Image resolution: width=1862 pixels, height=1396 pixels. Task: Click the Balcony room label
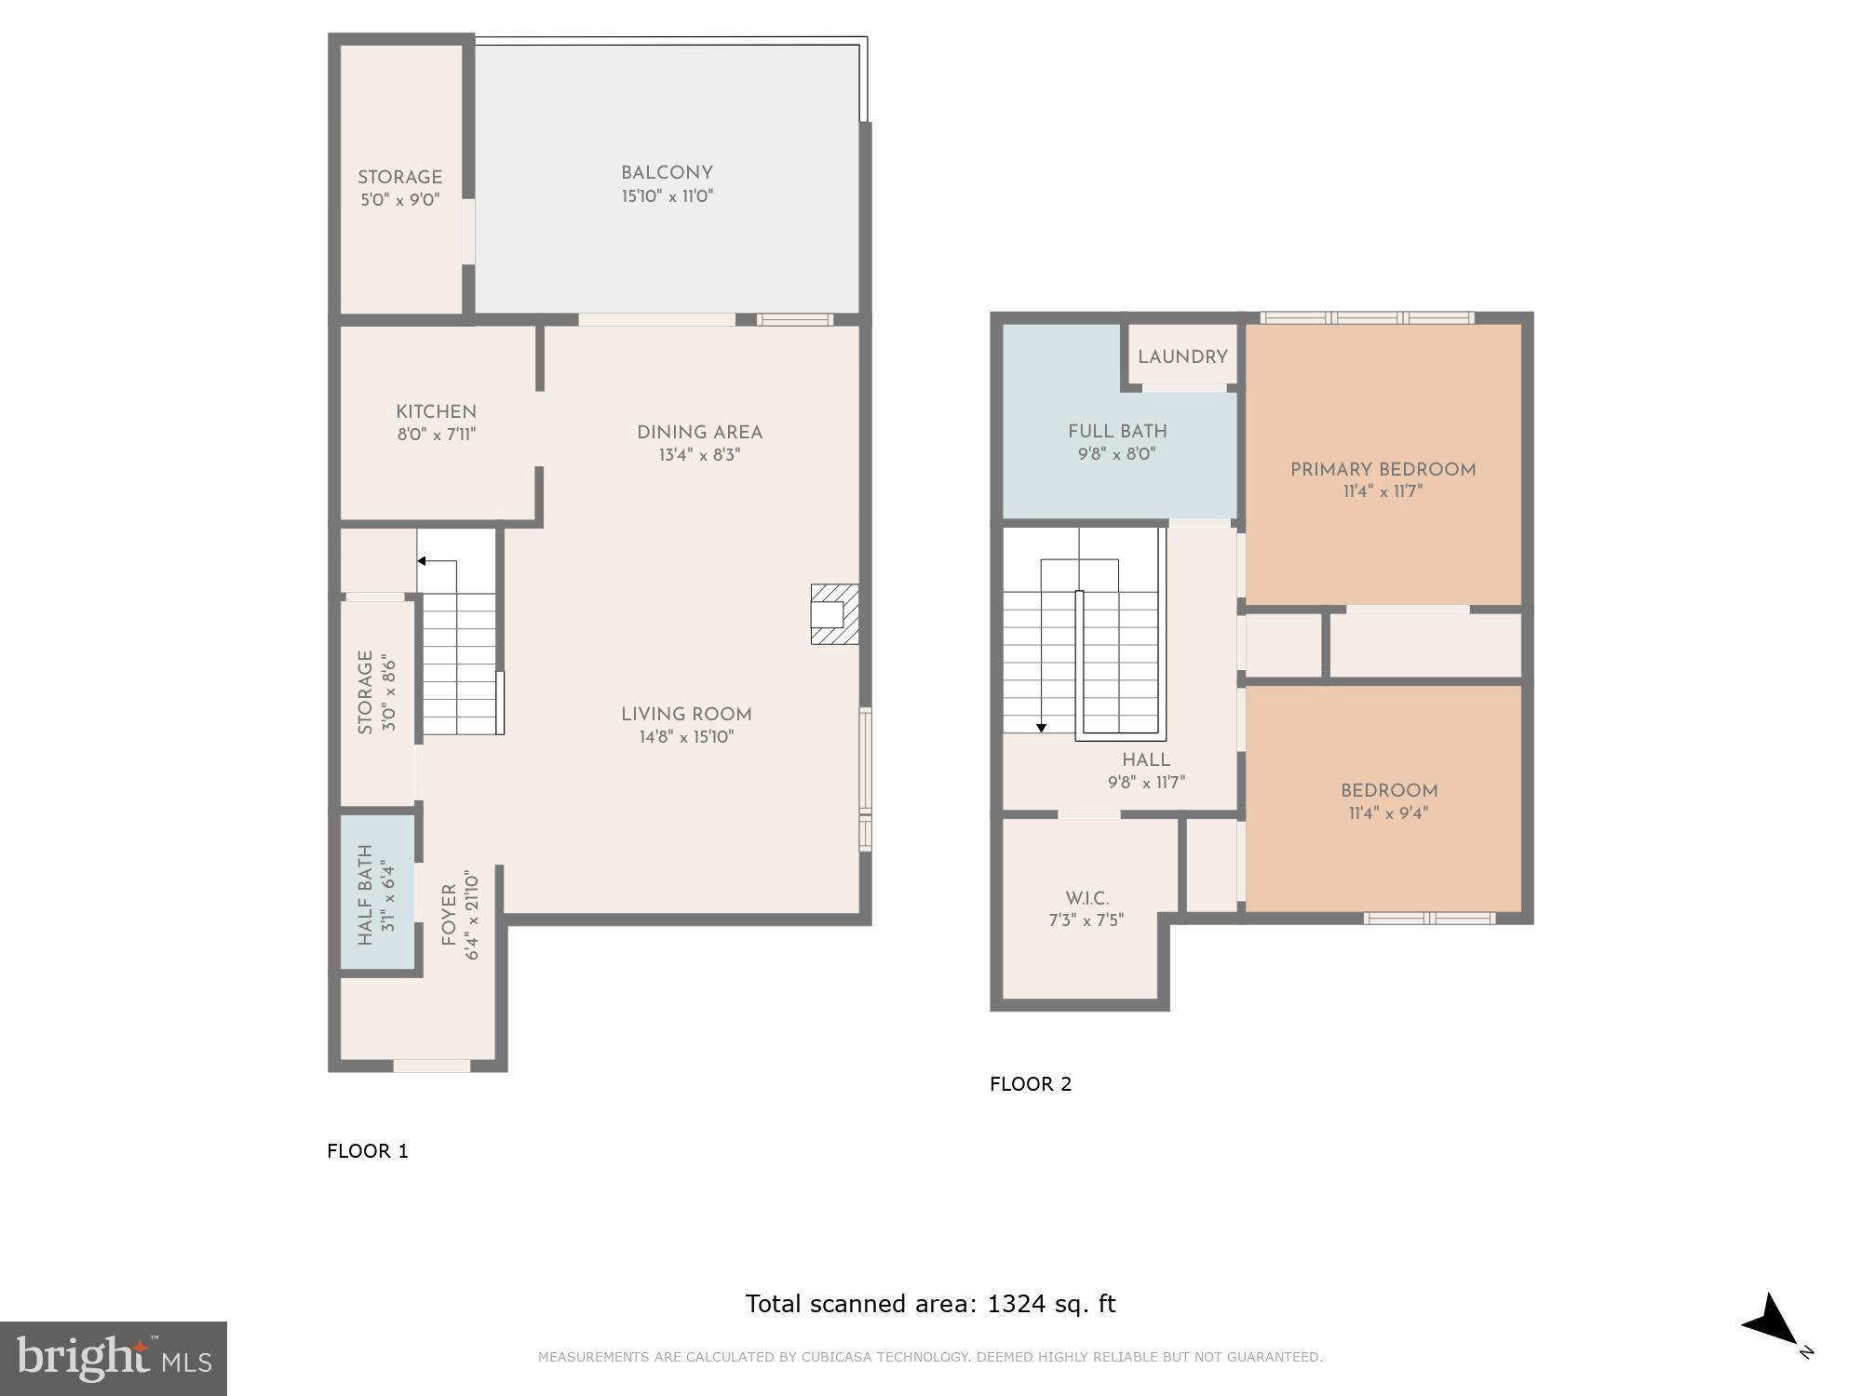pyautogui.click(x=667, y=173)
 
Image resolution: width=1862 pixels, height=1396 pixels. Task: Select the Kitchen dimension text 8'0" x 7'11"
pyautogui.click(x=436, y=435)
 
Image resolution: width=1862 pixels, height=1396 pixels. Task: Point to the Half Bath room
pyautogui.click(x=377, y=893)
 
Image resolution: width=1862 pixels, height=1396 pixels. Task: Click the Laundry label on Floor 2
pyautogui.click(x=1181, y=357)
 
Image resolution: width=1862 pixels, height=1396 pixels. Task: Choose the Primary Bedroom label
pyautogui.click(x=1383, y=470)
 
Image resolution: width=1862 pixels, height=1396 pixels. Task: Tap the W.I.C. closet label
pyautogui.click(x=1086, y=899)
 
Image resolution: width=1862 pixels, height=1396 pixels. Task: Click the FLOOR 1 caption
pyautogui.click(x=368, y=1151)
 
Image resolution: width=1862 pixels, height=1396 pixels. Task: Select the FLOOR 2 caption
pyautogui.click(x=1031, y=1084)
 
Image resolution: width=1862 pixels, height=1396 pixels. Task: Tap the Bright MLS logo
pyautogui.click(x=113, y=1359)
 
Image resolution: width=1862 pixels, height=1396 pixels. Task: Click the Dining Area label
pyautogui.click(x=699, y=433)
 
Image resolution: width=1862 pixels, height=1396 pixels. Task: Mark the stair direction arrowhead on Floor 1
pyautogui.click(x=422, y=561)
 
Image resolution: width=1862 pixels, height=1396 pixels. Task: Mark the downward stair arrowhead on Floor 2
pyautogui.click(x=1042, y=728)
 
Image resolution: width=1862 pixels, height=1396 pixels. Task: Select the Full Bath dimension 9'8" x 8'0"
pyautogui.click(x=1117, y=455)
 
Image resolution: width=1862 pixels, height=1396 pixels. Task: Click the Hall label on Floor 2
pyautogui.click(x=1146, y=760)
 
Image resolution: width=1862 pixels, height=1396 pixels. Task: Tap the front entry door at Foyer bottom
pyautogui.click(x=431, y=1066)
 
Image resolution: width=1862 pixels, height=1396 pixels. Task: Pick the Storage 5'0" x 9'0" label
pyautogui.click(x=399, y=178)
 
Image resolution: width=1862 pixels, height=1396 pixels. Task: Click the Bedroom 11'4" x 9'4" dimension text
pyautogui.click(x=1388, y=813)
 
